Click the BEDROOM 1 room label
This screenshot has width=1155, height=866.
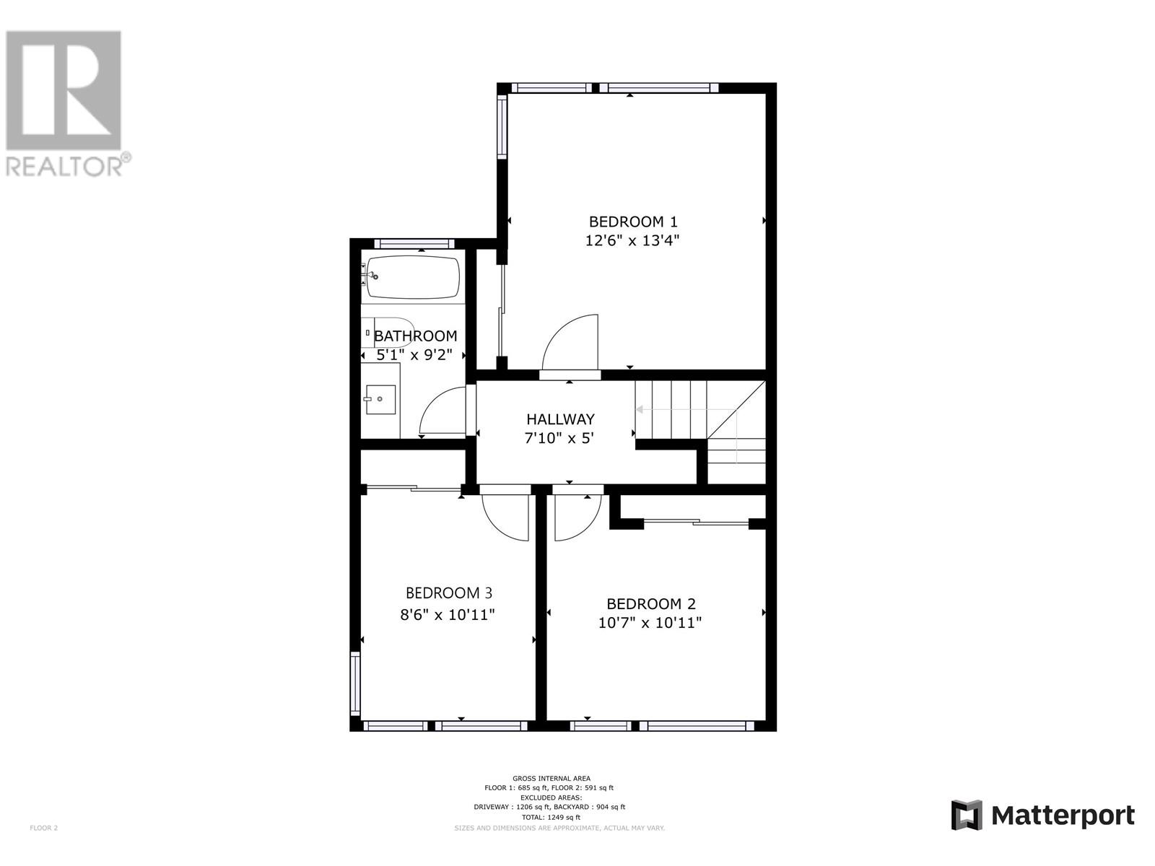point(633,222)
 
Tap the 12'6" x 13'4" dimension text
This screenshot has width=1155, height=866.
point(633,240)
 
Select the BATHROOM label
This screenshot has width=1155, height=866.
point(415,336)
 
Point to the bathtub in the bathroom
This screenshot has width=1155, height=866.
point(413,277)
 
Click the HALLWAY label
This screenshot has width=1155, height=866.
point(560,419)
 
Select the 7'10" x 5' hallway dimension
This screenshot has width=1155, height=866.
point(560,438)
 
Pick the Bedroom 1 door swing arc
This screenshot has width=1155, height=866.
point(570,343)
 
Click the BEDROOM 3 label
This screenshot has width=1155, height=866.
point(449,593)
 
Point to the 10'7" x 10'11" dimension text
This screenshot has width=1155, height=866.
point(650,623)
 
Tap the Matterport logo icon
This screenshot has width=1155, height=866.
point(967,815)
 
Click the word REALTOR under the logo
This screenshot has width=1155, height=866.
point(64,167)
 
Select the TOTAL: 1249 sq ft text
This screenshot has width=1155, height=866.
point(551,817)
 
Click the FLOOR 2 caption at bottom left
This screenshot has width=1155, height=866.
point(43,828)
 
